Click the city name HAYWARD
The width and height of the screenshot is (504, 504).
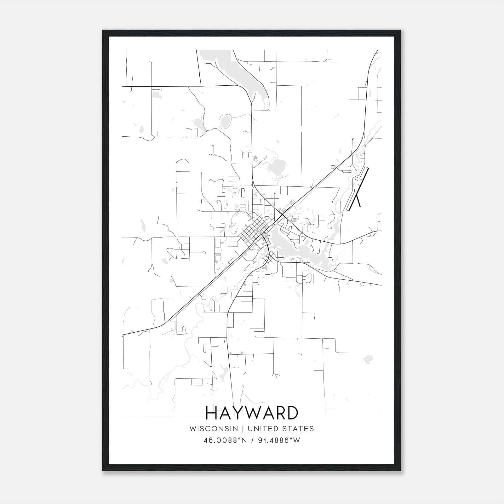point(252,413)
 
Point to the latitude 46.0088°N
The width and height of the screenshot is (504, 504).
point(224,440)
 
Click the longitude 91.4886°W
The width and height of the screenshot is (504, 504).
point(279,440)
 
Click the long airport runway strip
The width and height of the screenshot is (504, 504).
point(358,189)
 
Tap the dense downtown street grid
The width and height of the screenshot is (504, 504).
point(254,230)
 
